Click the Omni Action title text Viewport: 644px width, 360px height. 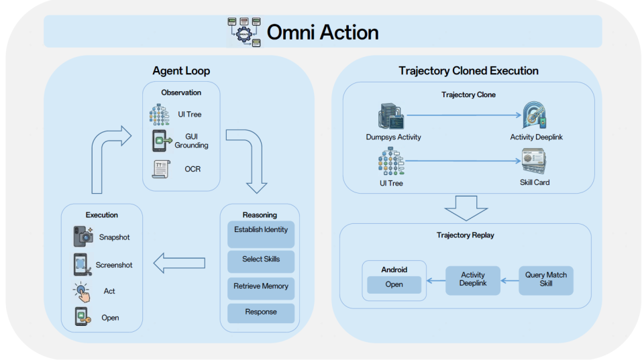pos(323,32)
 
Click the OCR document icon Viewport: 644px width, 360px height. pos(161,169)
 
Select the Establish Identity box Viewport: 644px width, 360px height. pos(261,235)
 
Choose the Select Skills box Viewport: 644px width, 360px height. pos(261,261)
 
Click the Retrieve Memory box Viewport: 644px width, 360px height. pos(261,288)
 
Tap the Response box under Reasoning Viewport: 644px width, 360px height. pos(261,313)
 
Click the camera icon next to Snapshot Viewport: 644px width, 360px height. pos(83,237)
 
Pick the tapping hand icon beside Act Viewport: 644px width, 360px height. pos(82,292)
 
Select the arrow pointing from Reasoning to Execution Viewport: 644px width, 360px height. pos(179,263)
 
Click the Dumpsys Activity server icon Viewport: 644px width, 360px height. pos(390,116)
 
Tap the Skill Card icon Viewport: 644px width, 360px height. pos(533,162)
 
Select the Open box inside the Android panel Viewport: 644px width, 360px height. pos(394,284)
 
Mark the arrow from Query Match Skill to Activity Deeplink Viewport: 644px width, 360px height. pos(509,281)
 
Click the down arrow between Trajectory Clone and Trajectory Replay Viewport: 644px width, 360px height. pos(466,208)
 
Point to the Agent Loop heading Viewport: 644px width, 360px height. pos(181,70)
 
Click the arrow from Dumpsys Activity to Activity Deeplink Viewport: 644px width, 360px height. pos(464,115)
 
